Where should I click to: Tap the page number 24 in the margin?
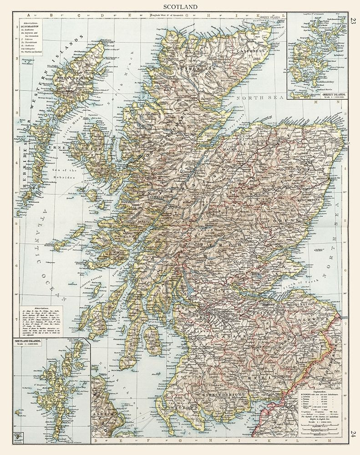pyautogui.click(x=354, y=433)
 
